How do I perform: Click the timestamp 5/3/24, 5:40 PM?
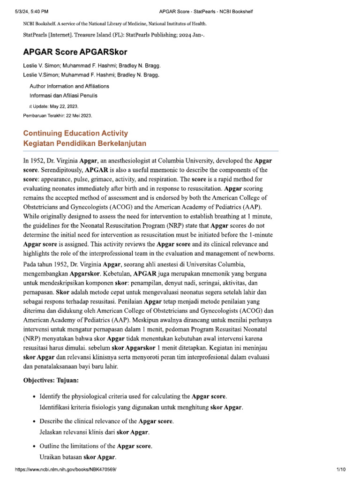tap(32, 11)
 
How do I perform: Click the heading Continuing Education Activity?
tap(75, 133)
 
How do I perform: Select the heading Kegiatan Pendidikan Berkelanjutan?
tap(84, 143)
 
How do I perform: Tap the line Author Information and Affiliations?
tap(69, 86)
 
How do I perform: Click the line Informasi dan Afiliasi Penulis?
tap(63, 96)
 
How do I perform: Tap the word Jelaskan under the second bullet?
tap(52, 432)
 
